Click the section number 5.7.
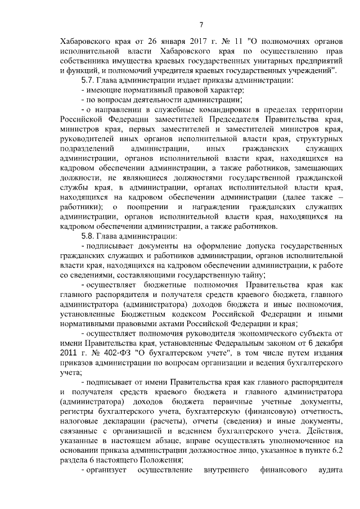point(90,81)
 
